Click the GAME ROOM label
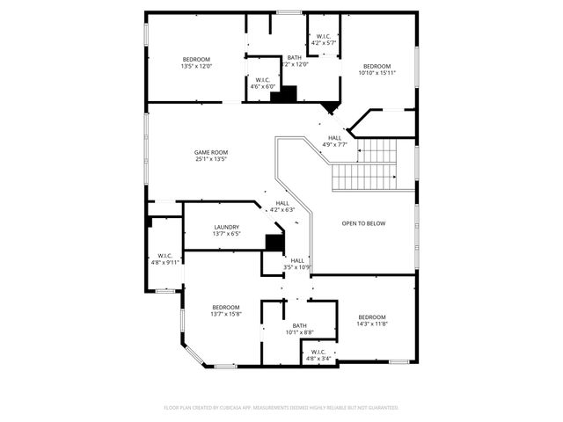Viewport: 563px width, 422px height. coord(211,152)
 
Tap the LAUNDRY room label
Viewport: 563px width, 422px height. coord(201,227)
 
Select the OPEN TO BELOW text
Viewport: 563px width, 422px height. coord(363,223)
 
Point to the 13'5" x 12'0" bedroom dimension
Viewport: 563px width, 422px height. coord(196,67)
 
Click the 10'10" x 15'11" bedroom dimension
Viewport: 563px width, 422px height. coord(377,73)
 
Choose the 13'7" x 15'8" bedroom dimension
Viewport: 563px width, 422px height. coord(226,314)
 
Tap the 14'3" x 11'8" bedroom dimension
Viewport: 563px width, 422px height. coord(371,324)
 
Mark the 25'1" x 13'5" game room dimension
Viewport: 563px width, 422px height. coord(211,159)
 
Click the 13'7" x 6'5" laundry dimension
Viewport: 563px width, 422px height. coord(201,234)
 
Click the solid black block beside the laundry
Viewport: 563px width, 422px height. coord(275,244)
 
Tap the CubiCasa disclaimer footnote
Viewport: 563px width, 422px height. coord(281,408)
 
